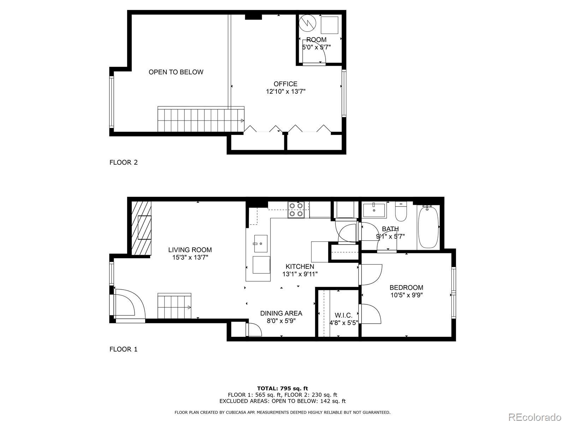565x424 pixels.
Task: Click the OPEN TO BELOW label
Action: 176,72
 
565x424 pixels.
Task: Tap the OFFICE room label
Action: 285,84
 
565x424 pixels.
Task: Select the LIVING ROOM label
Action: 190,250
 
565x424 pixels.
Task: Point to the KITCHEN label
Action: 300,266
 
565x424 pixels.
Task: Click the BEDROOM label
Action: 406,288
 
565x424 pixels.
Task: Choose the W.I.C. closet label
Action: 343,315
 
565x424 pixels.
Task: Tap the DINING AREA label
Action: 281,313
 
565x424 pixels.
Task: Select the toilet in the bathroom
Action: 401,212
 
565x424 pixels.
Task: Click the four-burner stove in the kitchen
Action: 296,210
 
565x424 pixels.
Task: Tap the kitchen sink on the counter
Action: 261,243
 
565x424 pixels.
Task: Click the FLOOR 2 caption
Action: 124,163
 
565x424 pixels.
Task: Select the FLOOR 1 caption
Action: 124,349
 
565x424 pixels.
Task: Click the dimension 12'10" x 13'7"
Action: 285,92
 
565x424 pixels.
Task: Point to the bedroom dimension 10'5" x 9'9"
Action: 406,295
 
